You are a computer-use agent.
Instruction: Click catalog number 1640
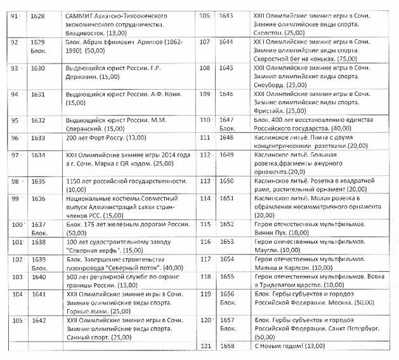pos(39,277)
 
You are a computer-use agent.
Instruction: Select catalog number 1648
pos(226,137)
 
